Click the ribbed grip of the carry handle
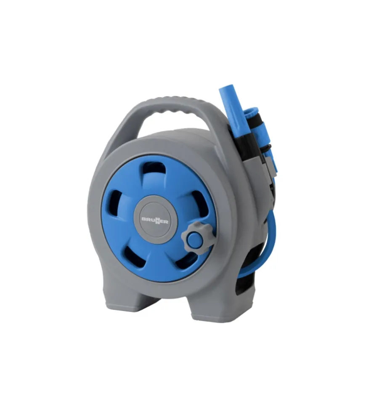coord(175,105)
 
